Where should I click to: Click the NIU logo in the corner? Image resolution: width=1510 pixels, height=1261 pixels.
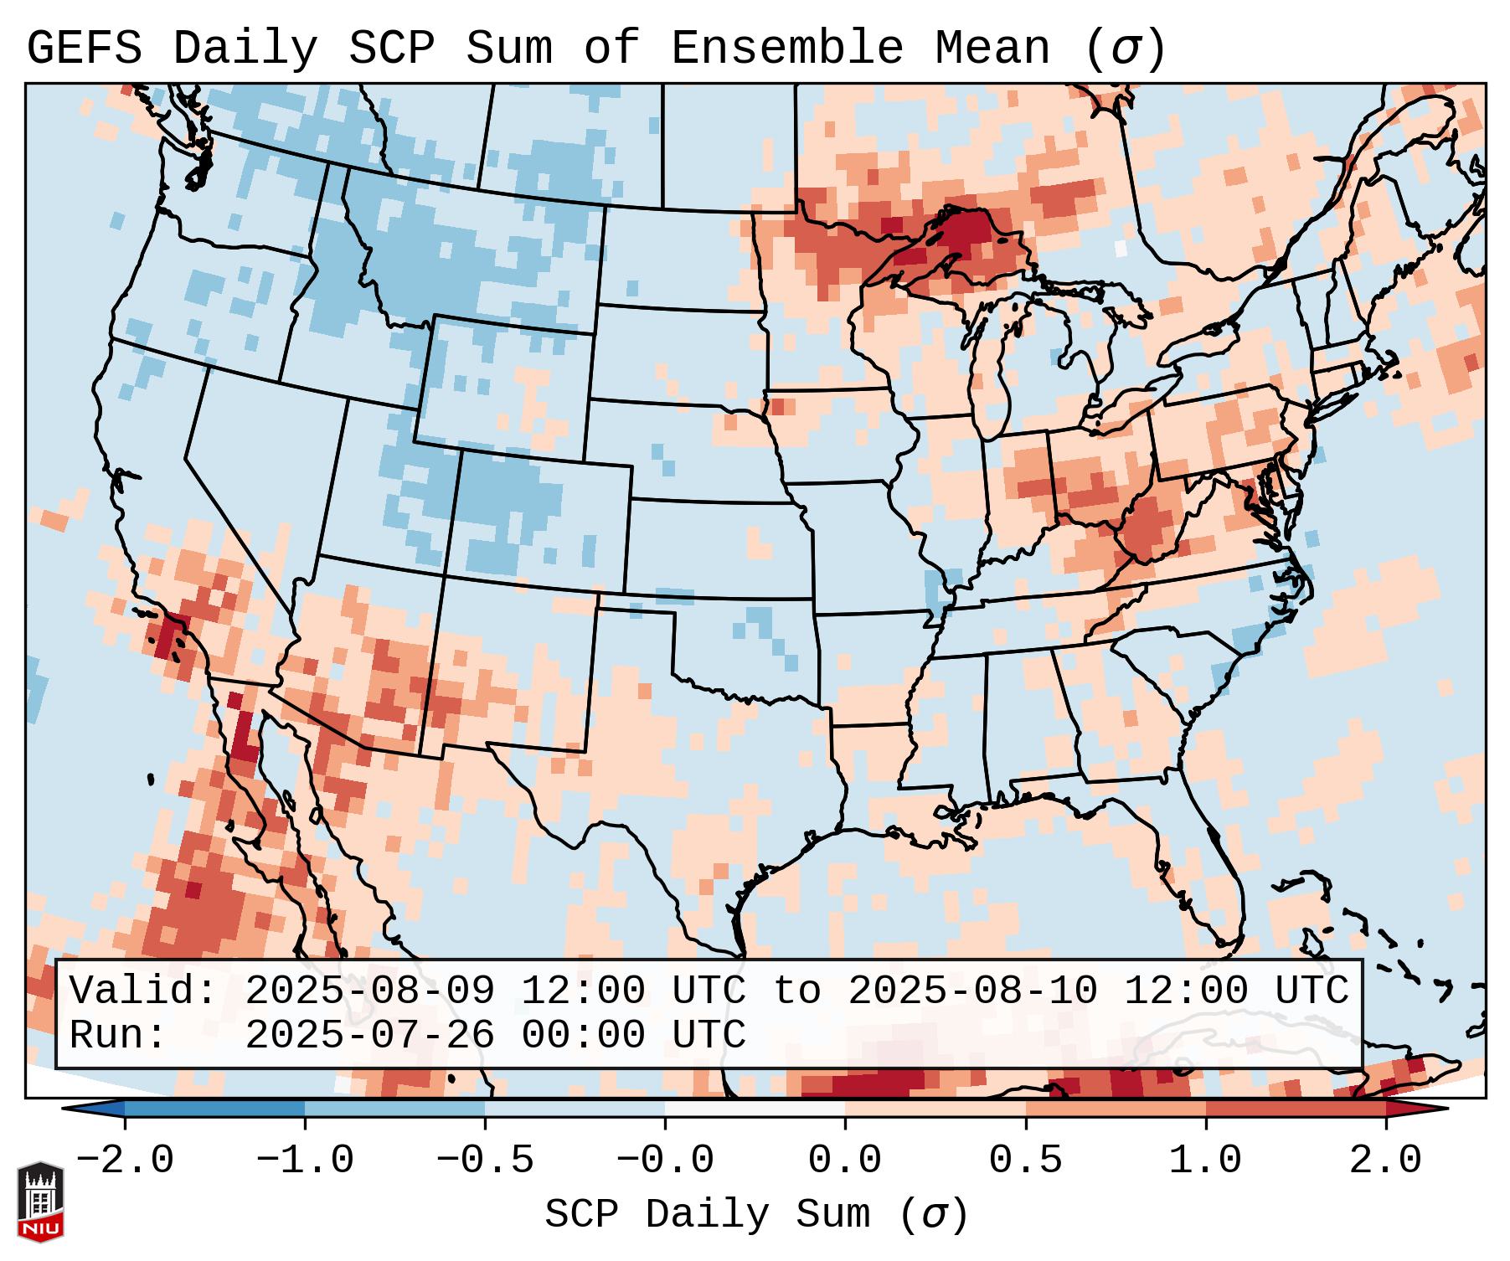[40, 1201]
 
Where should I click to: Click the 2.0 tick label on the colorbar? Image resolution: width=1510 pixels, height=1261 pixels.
[1385, 1161]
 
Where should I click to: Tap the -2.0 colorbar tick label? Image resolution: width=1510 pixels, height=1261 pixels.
[125, 1161]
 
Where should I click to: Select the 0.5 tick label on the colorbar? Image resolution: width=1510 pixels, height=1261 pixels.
[1025, 1161]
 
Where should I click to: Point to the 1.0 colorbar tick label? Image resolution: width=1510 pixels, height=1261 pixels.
[1205, 1161]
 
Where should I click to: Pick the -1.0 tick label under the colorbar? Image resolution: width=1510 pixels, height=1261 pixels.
[305, 1161]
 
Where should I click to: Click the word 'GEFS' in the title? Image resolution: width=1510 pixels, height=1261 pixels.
[84, 49]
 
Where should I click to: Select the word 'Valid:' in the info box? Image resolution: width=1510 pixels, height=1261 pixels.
[143, 991]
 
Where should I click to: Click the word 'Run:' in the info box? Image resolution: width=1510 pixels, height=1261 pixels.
[118, 1035]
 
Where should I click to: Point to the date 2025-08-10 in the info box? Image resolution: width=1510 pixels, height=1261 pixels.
[972, 991]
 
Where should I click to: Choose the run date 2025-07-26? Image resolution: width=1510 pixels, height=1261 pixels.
[369, 1035]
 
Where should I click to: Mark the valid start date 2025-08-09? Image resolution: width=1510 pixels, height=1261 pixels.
[369, 991]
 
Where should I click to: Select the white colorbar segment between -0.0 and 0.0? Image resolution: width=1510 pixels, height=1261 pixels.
[755, 1109]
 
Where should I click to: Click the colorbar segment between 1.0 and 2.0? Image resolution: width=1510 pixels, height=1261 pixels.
[1295, 1109]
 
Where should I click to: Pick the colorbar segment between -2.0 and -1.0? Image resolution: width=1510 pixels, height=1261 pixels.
[214, 1109]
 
